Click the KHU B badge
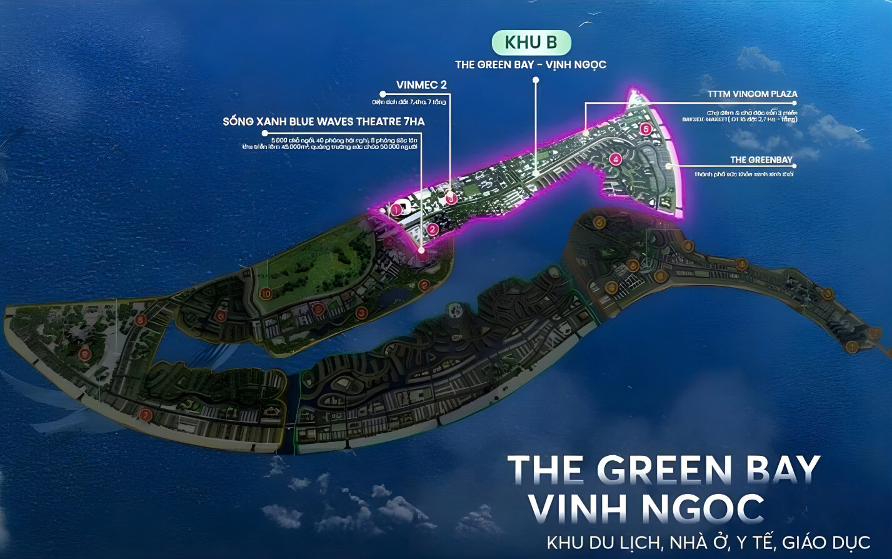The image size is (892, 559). (x=531, y=43)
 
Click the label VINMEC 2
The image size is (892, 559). (x=421, y=85)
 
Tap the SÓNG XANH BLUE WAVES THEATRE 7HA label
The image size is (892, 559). (x=324, y=121)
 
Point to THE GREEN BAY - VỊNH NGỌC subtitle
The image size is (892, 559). (x=531, y=64)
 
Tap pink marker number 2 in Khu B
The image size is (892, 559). (x=433, y=229)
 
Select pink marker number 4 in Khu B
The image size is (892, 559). (x=616, y=159)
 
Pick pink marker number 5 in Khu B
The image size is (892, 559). (x=646, y=129)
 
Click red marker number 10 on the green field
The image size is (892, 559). (x=266, y=293)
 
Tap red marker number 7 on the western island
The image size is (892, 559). (x=146, y=414)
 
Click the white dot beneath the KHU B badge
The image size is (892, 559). (x=536, y=80)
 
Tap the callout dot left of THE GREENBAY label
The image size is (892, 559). (x=669, y=166)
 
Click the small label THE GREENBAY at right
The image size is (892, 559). (x=761, y=160)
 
